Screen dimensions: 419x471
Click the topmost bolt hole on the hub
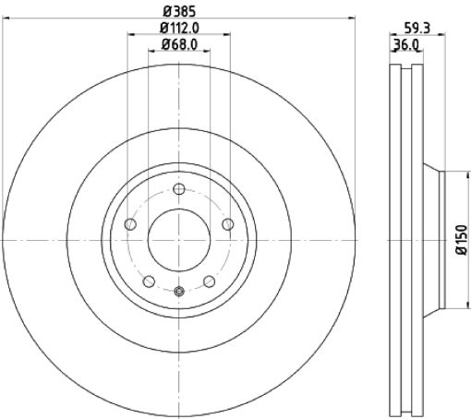pyautogui.click(x=179, y=188)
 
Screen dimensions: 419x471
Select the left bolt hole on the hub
pyautogui.click(x=130, y=225)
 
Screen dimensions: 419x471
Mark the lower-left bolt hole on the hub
pyautogui.click(x=149, y=281)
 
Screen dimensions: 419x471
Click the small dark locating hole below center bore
pyautogui.click(x=179, y=293)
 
